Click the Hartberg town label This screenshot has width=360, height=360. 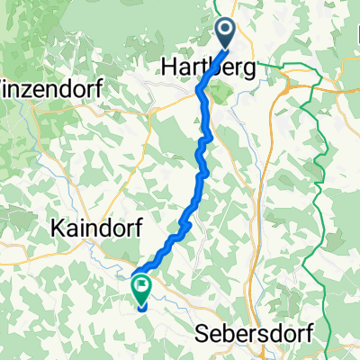pyautogui.click(x=205, y=67)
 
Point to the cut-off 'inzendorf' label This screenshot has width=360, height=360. pyautogui.click(x=52, y=90)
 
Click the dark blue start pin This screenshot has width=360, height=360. pyautogui.click(x=224, y=34)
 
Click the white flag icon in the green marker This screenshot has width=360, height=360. pyautogui.click(x=142, y=287)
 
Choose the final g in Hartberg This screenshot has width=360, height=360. pyautogui.click(x=245, y=69)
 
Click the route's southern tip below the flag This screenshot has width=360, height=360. pyautogui.click(x=141, y=309)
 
